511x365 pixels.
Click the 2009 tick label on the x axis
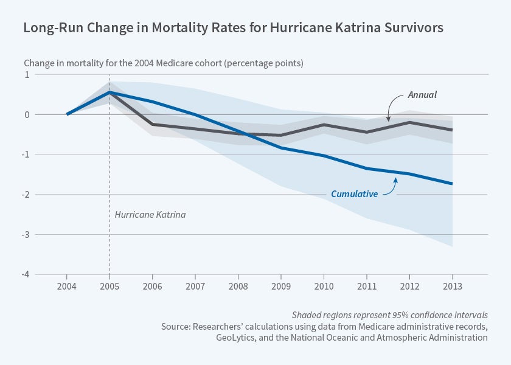click(281, 286)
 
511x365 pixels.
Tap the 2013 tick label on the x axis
click(452, 286)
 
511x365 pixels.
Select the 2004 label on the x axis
click(67, 286)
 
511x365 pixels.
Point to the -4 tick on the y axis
click(26, 274)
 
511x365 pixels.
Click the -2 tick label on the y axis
click(26, 195)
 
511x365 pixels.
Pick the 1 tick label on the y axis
click(27, 74)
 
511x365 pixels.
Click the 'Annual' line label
click(422, 95)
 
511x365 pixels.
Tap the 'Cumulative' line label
click(354, 194)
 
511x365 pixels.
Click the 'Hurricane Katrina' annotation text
click(150, 215)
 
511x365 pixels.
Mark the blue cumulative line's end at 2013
click(452, 183)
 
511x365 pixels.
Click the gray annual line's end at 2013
click(452, 130)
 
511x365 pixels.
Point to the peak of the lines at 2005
click(109, 92)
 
